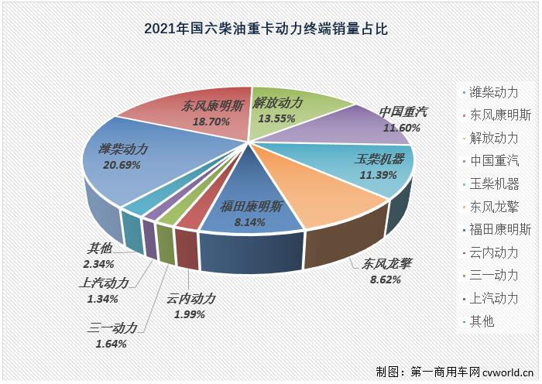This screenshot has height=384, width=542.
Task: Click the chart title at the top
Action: pyautogui.click(x=266, y=30)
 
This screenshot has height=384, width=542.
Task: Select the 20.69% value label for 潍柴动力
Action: pyautogui.click(x=122, y=164)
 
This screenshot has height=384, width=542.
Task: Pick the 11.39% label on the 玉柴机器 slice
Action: pyautogui.click(x=377, y=175)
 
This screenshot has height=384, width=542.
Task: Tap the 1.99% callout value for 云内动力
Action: pyautogui.click(x=189, y=314)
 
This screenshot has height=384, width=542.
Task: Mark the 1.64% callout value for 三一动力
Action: pyautogui.click(x=112, y=344)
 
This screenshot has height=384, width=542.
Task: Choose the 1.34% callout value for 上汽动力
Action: pyautogui.click(x=103, y=299)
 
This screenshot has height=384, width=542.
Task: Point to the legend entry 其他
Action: pyautogui.click(x=481, y=321)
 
